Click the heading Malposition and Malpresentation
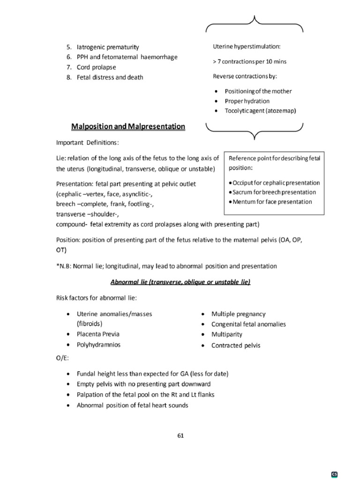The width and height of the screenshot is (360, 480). (x=128, y=127)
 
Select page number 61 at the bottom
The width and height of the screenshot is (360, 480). (x=180, y=435)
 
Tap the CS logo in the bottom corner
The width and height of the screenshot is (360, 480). (x=335, y=474)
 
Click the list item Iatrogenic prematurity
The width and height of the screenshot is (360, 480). (x=108, y=47)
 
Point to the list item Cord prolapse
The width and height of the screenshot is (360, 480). (x=97, y=67)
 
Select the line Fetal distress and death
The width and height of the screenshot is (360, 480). (x=110, y=77)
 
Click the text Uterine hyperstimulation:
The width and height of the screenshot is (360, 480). (x=247, y=46)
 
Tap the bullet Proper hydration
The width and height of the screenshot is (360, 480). (x=247, y=101)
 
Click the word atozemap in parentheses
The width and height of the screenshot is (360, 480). (x=281, y=111)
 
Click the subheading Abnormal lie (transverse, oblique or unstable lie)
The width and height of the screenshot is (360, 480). (x=180, y=282)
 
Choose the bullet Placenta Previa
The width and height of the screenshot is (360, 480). (x=98, y=334)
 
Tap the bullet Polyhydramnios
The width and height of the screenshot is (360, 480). (x=98, y=345)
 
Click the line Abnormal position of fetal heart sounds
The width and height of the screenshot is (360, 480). (x=132, y=405)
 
